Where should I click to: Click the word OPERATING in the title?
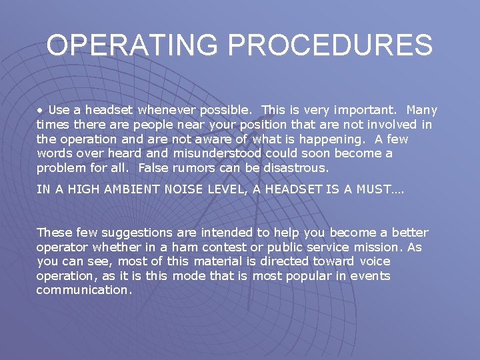(x=132, y=46)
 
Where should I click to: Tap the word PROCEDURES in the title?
(x=330, y=46)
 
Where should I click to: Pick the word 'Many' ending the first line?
(x=421, y=110)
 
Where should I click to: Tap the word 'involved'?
(x=391, y=125)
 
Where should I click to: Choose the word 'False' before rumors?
(x=153, y=167)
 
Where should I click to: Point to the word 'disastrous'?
(x=295, y=167)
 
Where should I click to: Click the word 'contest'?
(x=238, y=247)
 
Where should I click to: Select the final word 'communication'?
(x=84, y=290)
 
